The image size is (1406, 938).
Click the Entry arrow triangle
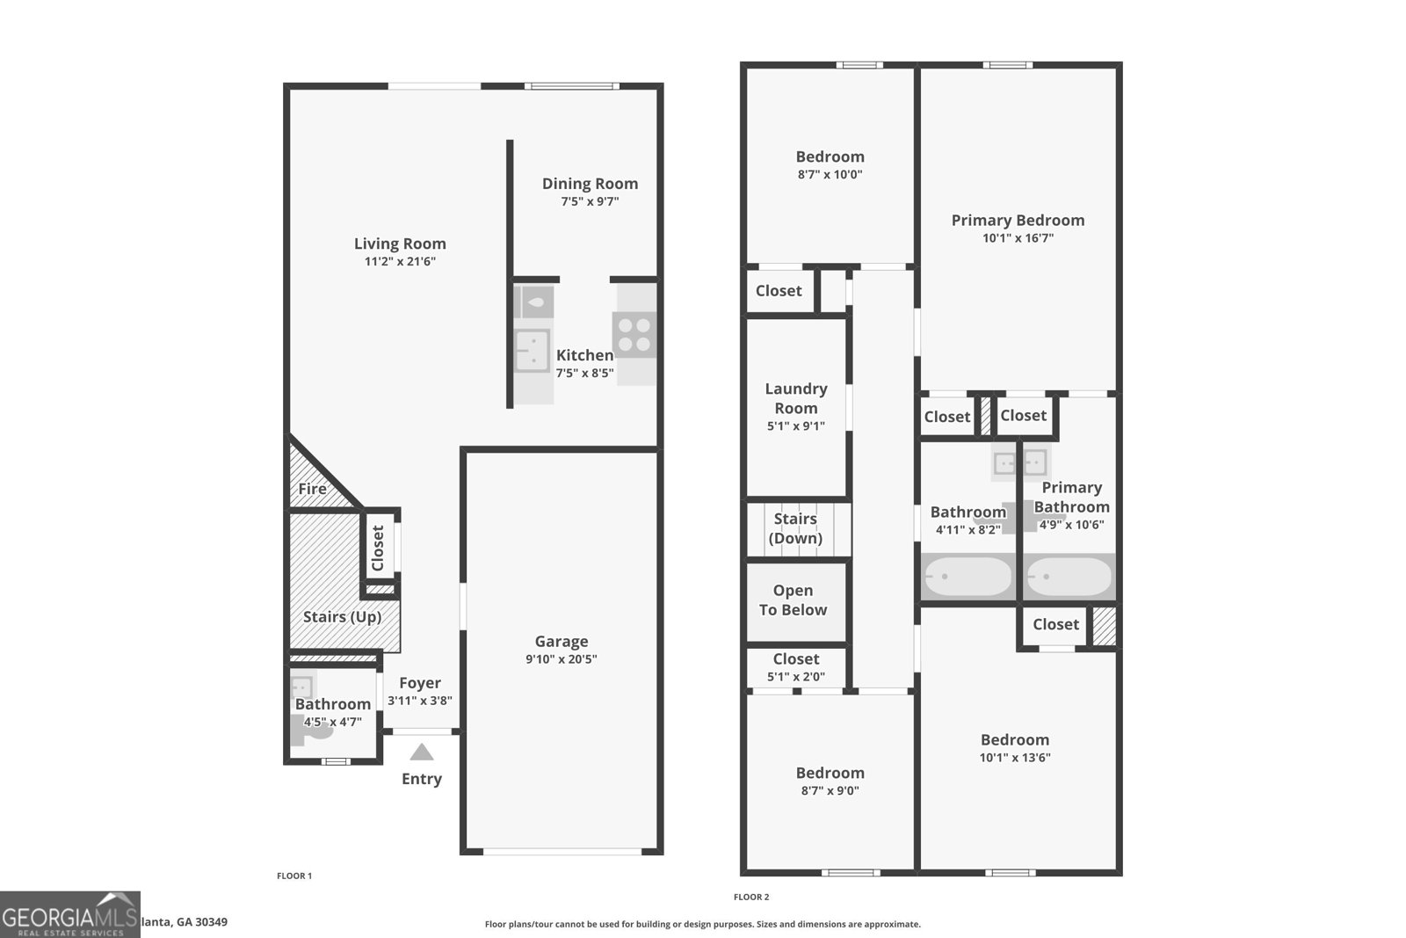[422, 753]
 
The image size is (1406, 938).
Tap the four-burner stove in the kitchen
[634, 335]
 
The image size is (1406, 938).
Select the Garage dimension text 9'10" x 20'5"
[562, 659]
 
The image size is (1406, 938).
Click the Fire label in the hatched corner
[312, 489]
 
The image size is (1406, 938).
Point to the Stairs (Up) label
[342, 617]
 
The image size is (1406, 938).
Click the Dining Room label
[590, 184]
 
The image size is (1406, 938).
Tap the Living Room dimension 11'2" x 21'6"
[400, 261]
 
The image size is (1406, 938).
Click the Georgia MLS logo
[69, 915]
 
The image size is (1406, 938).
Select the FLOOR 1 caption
[294, 876]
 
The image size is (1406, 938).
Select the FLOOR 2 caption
[751, 897]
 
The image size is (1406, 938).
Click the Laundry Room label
[796, 398]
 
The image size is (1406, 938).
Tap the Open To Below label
[793, 600]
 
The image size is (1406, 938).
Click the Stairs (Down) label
[795, 528]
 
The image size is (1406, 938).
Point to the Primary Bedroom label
[1018, 221]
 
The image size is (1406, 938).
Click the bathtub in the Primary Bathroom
[1069, 578]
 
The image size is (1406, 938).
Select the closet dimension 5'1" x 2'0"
[796, 677]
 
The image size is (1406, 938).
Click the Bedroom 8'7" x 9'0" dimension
[830, 790]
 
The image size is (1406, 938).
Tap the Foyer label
[420, 683]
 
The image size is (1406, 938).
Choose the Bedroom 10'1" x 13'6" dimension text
[1015, 758]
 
